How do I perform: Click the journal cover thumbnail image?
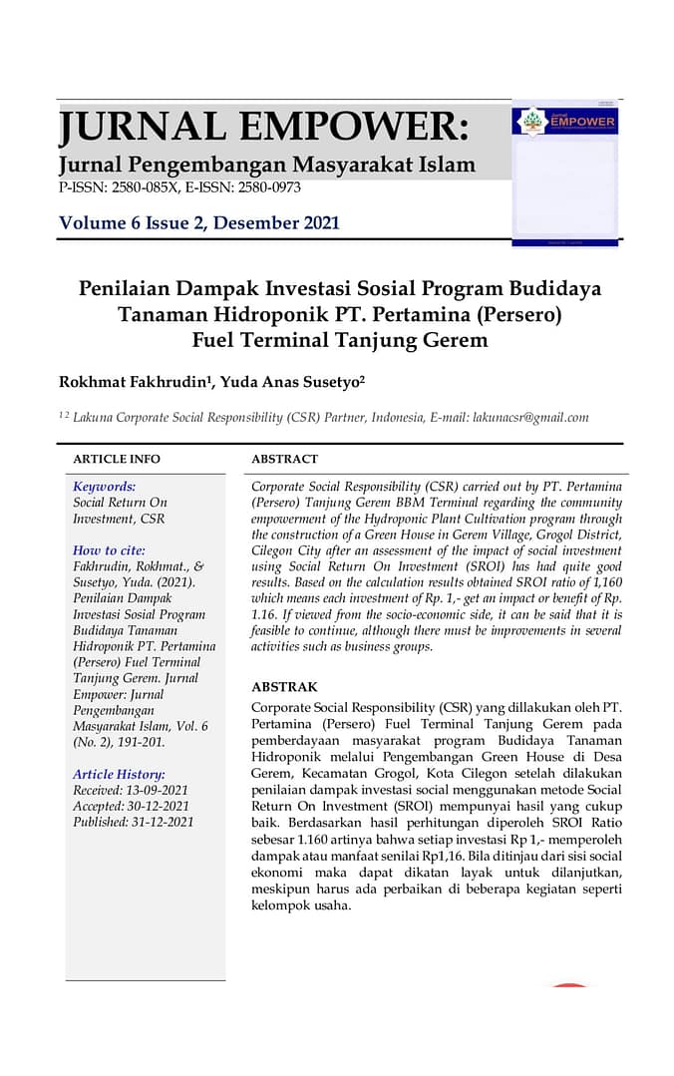[565, 172]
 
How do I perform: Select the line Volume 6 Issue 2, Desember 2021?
[199, 223]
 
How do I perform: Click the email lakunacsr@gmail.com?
[529, 418]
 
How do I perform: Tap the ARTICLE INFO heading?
[116, 460]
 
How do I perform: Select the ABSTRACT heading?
[284, 460]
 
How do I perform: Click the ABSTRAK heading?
[284, 687]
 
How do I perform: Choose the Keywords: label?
[105, 487]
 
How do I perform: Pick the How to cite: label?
[109, 550]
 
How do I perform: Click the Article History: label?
[119, 774]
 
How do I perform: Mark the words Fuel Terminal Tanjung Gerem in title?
[340, 339]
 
